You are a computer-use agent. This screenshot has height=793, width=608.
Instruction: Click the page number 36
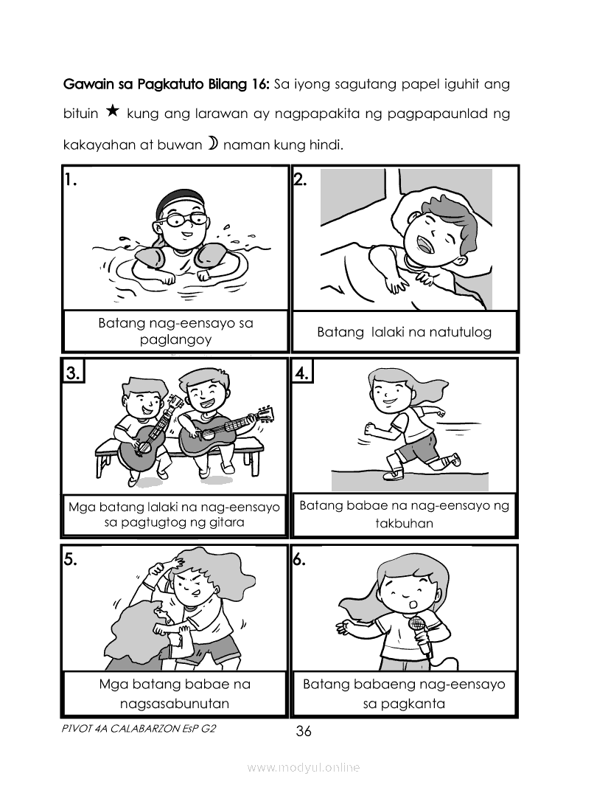coord(304,731)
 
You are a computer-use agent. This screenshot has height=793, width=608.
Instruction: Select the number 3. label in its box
coord(73,373)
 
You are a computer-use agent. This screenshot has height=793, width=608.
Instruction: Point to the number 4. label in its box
coord(301,373)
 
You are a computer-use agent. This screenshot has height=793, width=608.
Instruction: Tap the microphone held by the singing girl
coord(421,634)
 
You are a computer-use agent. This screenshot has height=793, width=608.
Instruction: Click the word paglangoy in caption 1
coord(175,339)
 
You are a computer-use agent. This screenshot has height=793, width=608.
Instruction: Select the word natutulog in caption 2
coord(460,332)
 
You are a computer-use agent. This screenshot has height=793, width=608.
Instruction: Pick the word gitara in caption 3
coord(226,522)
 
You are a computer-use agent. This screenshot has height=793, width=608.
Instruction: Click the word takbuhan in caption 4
coord(405,523)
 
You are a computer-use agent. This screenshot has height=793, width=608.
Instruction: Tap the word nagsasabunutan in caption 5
coord(175,703)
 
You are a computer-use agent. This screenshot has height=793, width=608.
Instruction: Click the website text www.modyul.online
coord(304,767)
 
